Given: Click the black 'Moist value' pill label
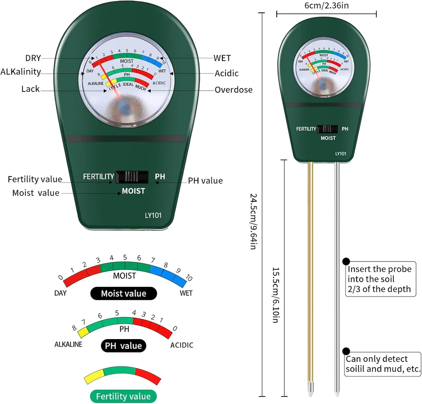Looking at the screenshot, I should (123, 294).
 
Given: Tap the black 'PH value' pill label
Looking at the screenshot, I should (123, 346).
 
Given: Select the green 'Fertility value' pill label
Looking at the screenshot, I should (123, 396).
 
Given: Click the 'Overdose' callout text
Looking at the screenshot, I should (233, 90).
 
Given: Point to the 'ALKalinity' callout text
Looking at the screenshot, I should (21, 72).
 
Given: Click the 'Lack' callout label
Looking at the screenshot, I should (30, 89).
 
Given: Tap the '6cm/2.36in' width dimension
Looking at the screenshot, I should (326, 5).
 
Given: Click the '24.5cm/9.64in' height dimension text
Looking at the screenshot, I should (253, 221).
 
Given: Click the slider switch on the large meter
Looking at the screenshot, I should (132, 177).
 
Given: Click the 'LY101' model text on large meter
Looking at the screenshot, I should (151, 215).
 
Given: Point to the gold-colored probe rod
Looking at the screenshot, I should (310, 274).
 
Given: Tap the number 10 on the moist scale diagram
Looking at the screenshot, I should (189, 278).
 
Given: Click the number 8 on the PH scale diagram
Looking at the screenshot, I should (74, 328).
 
